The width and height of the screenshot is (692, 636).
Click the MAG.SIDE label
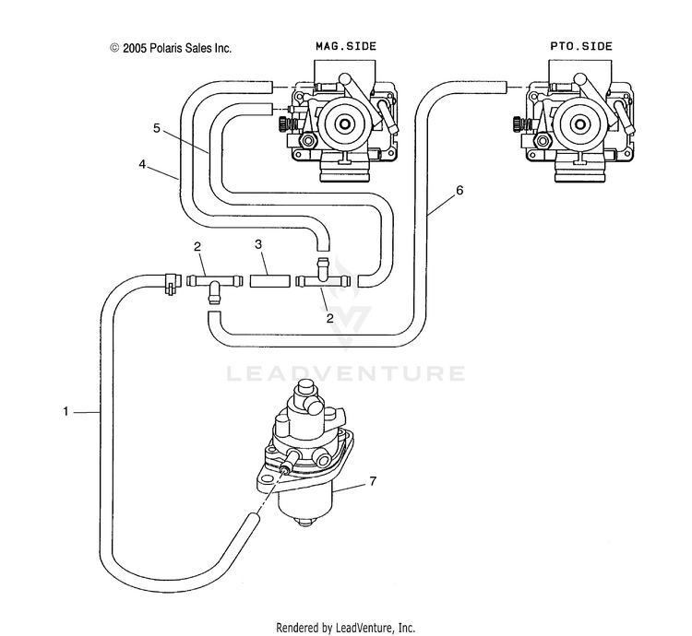tap(346, 46)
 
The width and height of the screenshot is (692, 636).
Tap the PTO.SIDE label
tap(581, 46)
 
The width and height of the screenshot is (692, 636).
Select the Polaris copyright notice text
tap(171, 48)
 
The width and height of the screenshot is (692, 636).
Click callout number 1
tap(66, 412)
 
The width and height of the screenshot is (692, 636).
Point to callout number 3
tap(258, 243)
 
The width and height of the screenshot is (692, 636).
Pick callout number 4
tap(142, 164)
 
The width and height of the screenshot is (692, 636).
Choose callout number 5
tap(157, 128)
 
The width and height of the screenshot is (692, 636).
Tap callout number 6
tap(459, 191)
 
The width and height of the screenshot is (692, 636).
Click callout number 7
tap(374, 481)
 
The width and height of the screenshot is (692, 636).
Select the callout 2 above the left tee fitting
tap(197, 247)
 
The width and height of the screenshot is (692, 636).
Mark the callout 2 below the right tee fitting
tap(329, 318)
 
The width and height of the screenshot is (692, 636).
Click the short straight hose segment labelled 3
tap(270, 281)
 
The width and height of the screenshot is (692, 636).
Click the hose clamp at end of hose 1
tap(172, 282)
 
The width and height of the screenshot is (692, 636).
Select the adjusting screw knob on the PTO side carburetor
tap(519, 124)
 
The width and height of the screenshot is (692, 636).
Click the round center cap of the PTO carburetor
tap(579, 124)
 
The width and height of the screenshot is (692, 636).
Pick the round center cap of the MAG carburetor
tap(343, 124)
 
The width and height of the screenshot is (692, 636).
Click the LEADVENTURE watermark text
tap(346, 373)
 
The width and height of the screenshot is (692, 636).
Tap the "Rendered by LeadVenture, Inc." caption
tap(346, 627)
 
